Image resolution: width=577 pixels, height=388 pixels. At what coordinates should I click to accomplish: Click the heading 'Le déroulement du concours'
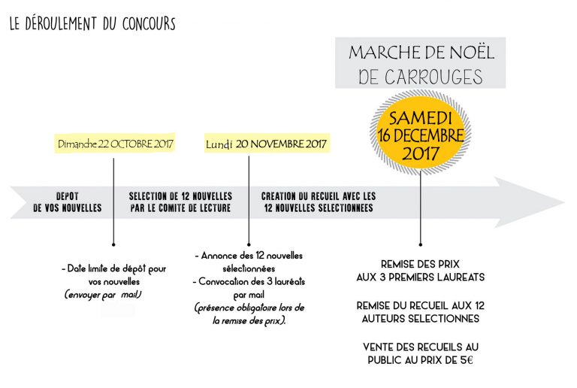click(92, 24)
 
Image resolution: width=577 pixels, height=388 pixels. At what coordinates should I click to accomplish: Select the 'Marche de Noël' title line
click(420, 53)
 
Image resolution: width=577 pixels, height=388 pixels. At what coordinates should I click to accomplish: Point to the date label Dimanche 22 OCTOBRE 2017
click(116, 144)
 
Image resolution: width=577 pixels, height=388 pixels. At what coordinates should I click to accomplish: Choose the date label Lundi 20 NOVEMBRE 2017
click(266, 144)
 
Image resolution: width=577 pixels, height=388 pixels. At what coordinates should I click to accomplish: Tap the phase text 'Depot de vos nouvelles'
click(67, 202)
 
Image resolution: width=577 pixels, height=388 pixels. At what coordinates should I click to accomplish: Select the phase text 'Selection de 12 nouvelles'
click(180, 196)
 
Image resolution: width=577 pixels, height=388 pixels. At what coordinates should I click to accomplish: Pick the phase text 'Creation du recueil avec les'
click(319, 196)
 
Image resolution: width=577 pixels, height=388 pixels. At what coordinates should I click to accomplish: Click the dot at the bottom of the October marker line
click(113, 244)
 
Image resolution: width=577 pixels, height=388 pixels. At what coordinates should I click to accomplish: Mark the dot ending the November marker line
click(249, 244)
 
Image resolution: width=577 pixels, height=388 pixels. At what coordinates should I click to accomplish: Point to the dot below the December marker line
click(420, 244)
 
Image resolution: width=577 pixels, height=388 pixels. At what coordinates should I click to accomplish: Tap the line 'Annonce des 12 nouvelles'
click(249, 256)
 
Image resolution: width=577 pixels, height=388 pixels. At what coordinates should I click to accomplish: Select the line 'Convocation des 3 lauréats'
click(249, 281)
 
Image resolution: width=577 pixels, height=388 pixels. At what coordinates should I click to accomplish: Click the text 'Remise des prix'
click(420, 264)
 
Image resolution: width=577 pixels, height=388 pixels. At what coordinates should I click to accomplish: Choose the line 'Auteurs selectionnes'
click(420, 318)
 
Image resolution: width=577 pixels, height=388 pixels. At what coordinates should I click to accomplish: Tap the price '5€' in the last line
click(469, 359)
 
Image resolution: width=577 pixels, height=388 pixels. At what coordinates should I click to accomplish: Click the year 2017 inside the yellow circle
click(420, 154)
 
